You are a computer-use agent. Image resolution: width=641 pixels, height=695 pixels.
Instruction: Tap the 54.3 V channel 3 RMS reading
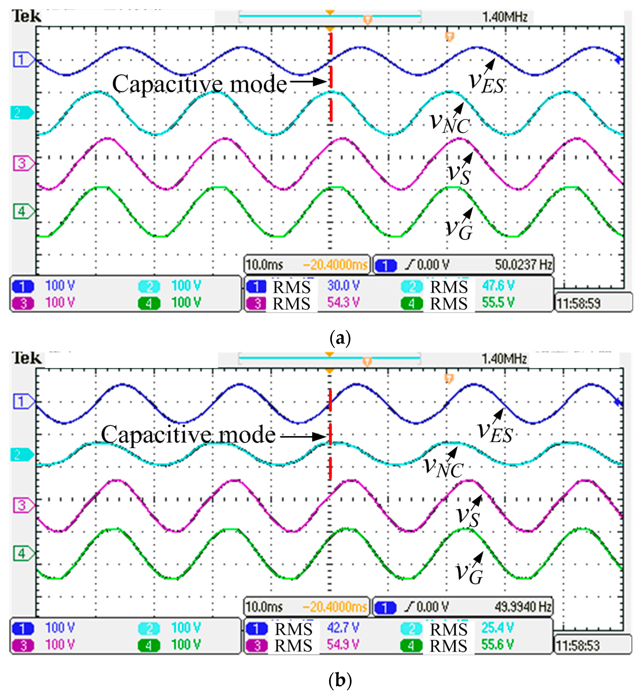tap(343, 302)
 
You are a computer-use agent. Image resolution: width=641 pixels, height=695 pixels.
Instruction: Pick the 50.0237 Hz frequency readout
tap(523, 265)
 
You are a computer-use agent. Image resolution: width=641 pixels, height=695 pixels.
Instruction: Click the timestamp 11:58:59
tap(578, 304)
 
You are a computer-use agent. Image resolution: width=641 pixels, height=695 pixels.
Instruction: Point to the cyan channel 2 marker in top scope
tap(21, 113)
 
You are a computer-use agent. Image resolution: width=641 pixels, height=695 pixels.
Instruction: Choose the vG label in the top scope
tap(459, 229)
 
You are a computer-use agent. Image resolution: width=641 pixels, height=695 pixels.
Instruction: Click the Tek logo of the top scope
tap(26, 16)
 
